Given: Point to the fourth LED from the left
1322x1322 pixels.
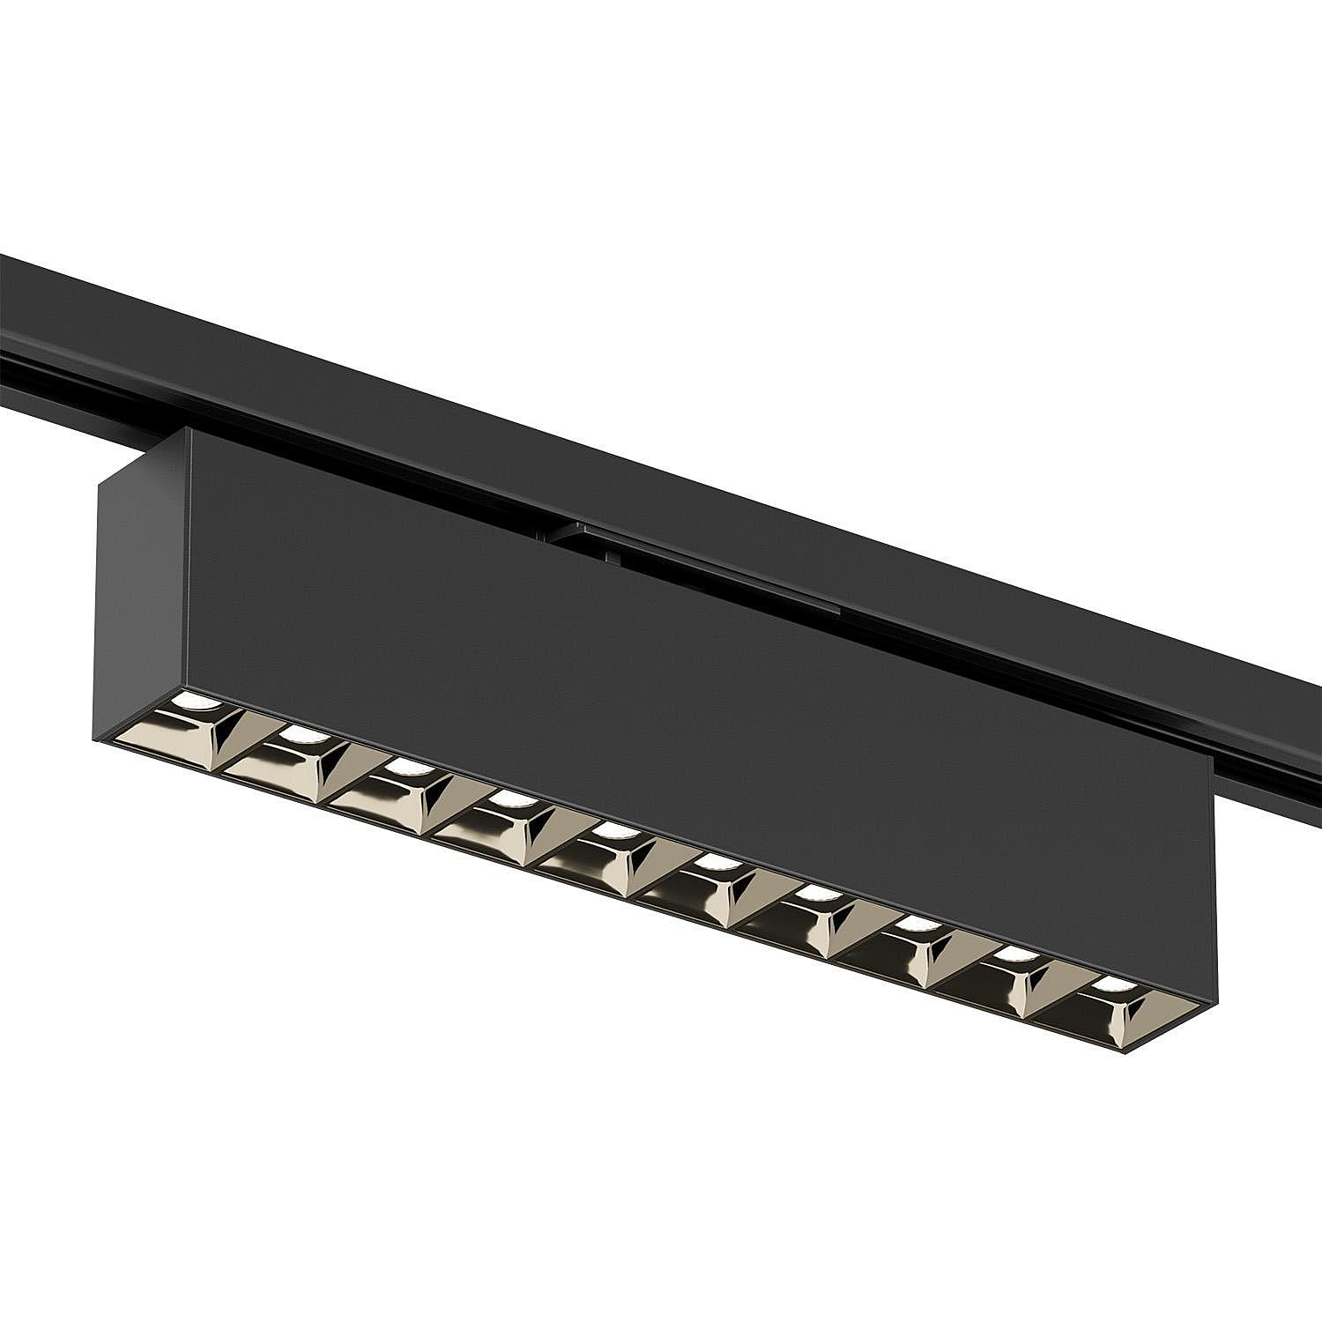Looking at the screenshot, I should (x=507, y=800).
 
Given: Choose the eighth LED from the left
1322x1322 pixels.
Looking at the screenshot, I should (x=917, y=926).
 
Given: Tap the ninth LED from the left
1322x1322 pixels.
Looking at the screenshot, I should (x=1018, y=956).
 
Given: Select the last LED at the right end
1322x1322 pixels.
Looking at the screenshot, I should (x=1116, y=986).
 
